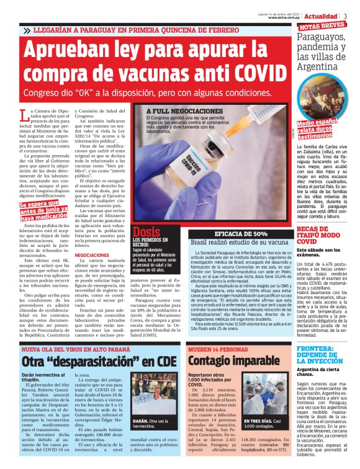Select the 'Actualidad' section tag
tap(323, 16)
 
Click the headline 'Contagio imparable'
tap(230, 360)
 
